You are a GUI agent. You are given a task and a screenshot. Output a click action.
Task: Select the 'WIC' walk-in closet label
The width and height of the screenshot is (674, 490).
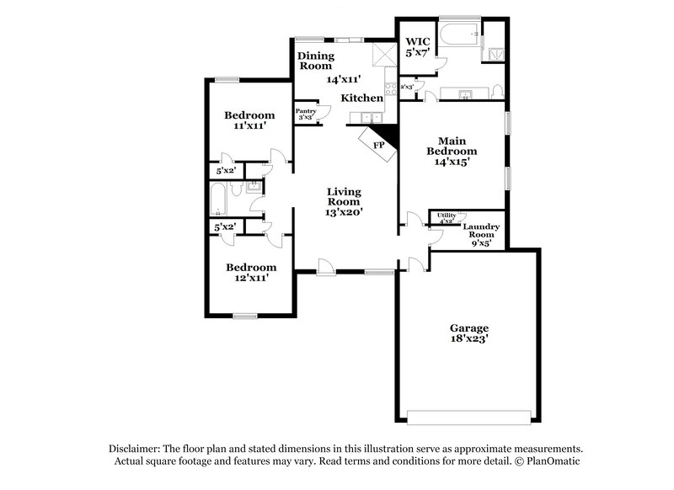click(x=418, y=41)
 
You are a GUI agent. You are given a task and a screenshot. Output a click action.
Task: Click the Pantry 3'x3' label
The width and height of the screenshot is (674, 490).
click(x=305, y=114)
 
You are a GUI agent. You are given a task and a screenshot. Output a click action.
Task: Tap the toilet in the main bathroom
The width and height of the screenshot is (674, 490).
click(x=500, y=90)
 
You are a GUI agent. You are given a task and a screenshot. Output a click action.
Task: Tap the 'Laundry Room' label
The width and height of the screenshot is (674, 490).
click(x=484, y=231)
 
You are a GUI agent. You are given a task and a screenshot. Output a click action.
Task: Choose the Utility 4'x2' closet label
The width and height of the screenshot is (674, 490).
click(x=446, y=218)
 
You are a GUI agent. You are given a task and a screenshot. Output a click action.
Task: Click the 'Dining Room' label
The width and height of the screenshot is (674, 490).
click(x=316, y=61)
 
